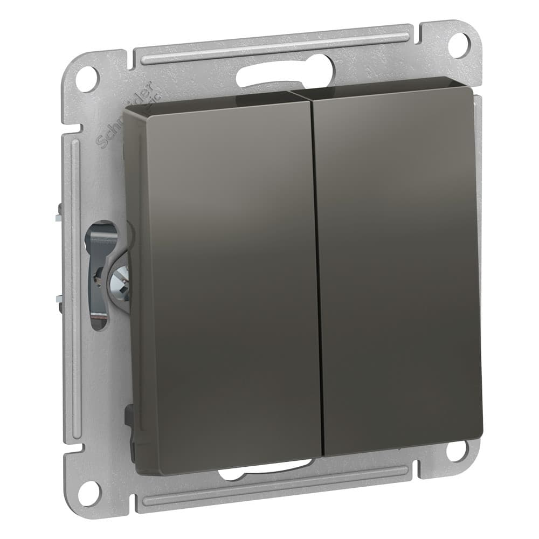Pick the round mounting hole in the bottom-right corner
[456, 451]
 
